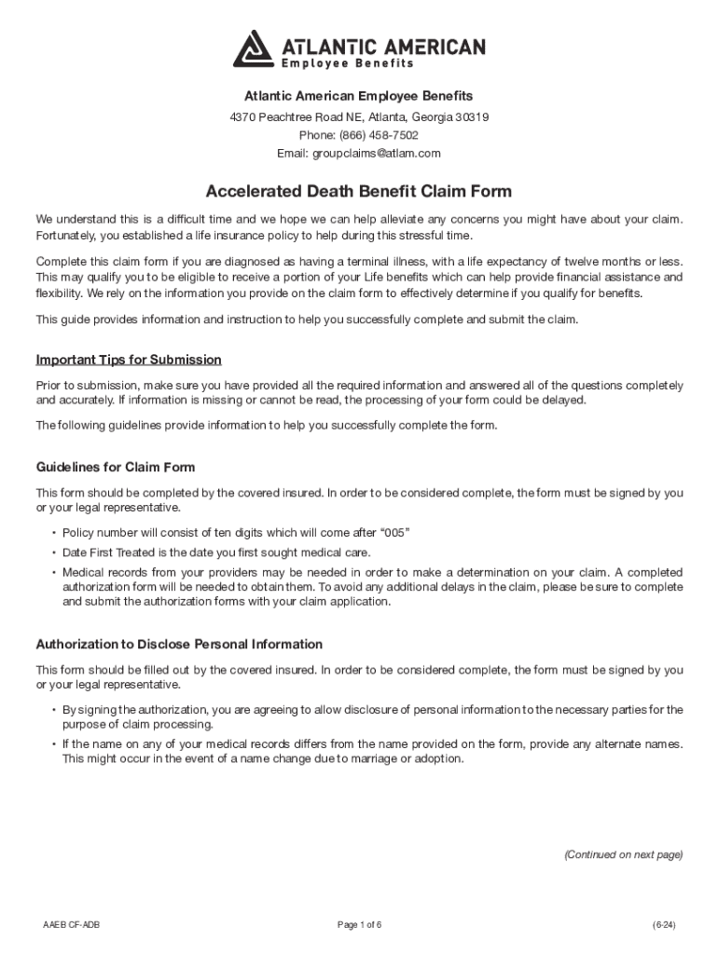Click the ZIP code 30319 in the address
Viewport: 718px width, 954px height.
pyautogui.click(x=470, y=117)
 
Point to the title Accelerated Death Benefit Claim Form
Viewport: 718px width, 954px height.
pyautogui.click(x=358, y=192)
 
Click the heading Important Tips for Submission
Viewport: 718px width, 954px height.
pyautogui.click(x=129, y=360)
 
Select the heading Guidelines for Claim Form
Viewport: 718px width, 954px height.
pyautogui.click(x=116, y=467)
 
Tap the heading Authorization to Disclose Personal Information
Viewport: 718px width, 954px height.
pyautogui.click(x=179, y=644)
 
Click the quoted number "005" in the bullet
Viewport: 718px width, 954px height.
pyautogui.click(x=391, y=532)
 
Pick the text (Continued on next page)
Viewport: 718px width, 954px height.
pyautogui.click(x=623, y=854)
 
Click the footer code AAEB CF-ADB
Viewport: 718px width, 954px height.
pyautogui.click(x=72, y=924)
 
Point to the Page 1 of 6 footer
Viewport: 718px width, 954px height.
pyautogui.click(x=359, y=924)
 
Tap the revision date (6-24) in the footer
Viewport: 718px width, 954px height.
pyautogui.click(x=664, y=924)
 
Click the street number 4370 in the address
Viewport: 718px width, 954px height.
pyautogui.click(x=242, y=117)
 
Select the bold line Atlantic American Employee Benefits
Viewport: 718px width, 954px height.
pyautogui.click(x=358, y=96)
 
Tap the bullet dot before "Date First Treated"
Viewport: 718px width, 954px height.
pyautogui.click(x=54, y=552)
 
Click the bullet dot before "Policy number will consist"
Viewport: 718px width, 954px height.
pyautogui.click(x=54, y=533)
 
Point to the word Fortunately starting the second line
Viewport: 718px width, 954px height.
pyautogui.click(x=68, y=235)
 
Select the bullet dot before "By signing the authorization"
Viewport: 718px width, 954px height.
pyautogui.click(x=54, y=711)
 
